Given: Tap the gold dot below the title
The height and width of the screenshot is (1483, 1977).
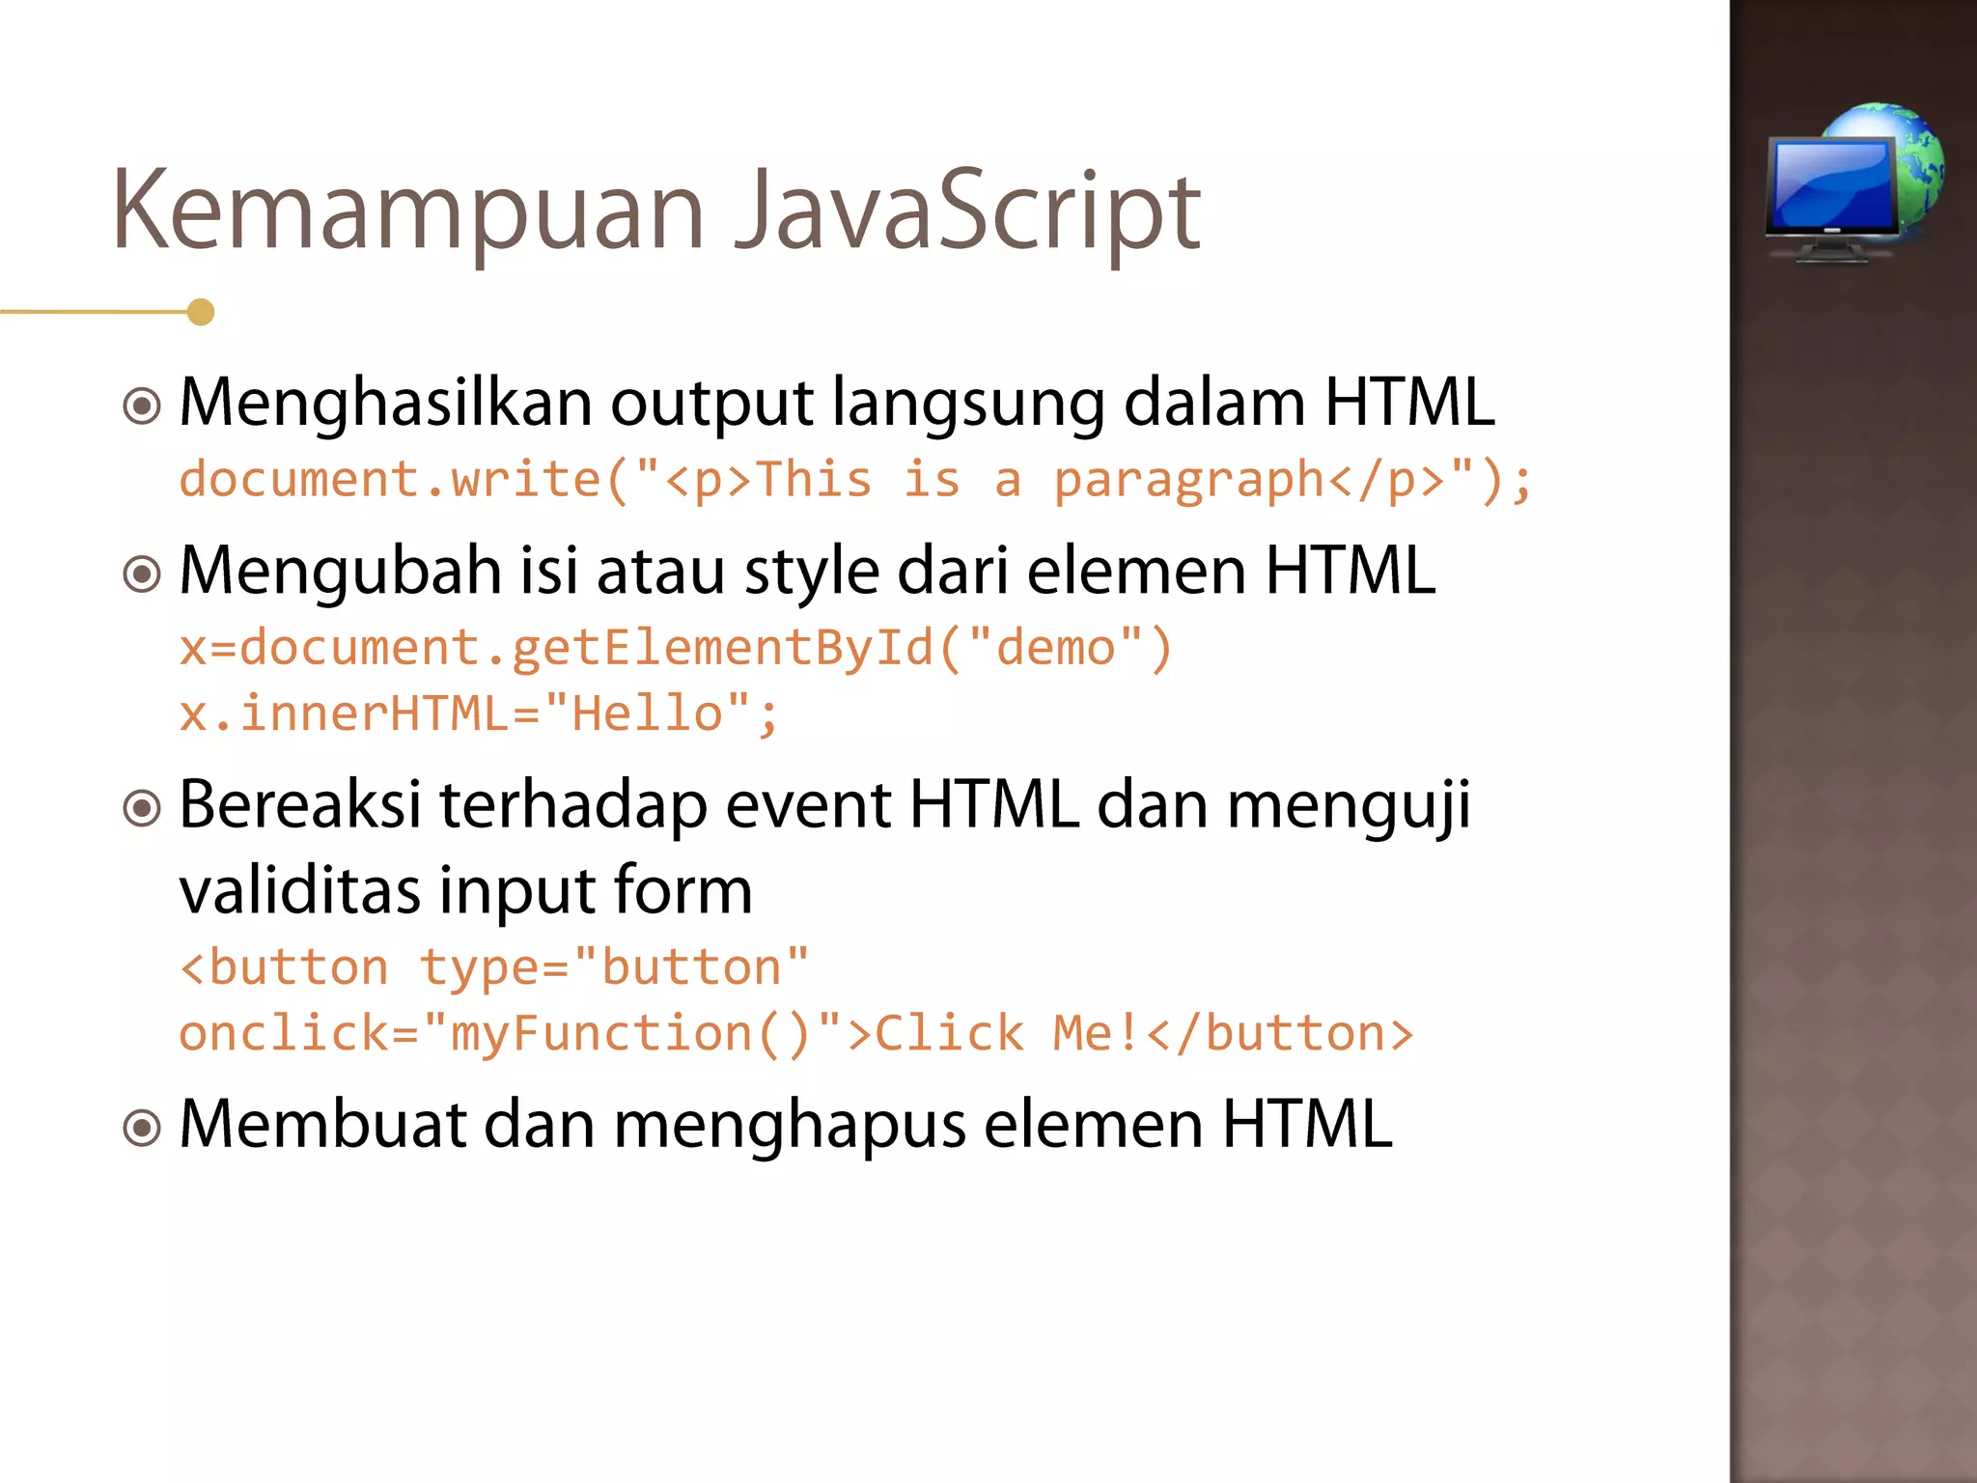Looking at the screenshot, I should click(x=201, y=312).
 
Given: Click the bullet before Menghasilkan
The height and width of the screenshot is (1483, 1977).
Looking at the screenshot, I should click(x=143, y=406).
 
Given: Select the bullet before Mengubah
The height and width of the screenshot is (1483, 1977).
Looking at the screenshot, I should click(x=143, y=575).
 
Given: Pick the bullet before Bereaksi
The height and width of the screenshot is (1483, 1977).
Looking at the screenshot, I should click(x=143, y=808).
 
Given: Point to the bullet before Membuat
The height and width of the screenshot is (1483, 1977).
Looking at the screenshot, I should click(x=143, y=1128).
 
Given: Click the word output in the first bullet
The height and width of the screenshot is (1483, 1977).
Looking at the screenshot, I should click(x=711, y=404).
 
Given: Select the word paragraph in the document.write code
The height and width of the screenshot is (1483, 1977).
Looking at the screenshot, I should click(x=1188, y=481).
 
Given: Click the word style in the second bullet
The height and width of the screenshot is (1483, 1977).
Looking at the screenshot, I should click(x=811, y=572).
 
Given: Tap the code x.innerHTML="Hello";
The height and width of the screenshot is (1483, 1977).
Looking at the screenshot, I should click(x=479, y=714).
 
